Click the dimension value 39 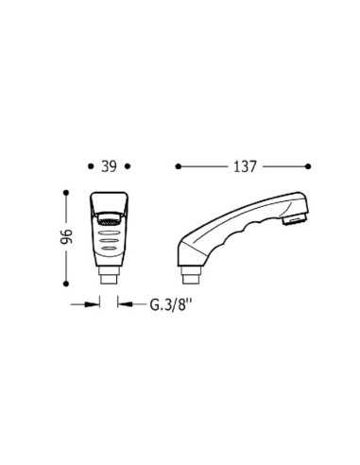tap(109, 166)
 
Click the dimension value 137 tap(245, 166)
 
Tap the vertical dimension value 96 tap(67, 237)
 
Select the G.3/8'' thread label tap(171, 304)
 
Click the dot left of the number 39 tap(91, 166)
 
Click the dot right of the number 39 tap(128, 166)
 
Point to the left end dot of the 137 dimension tap(179, 166)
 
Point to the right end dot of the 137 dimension tap(308, 166)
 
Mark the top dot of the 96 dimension tap(66, 193)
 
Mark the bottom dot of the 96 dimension tap(66, 284)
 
